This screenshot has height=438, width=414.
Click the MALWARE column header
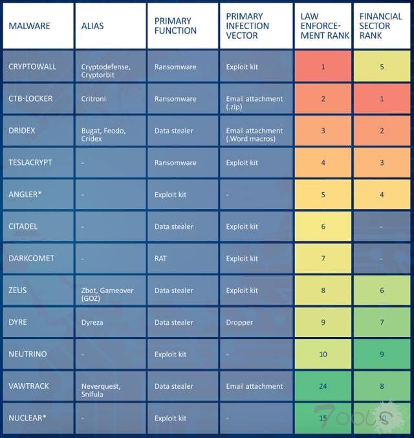(x=29, y=26)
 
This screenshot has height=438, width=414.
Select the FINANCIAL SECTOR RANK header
(x=381, y=26)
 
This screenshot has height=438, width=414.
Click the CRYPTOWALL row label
(x=32, y=67)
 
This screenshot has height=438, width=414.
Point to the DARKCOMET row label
(x=31, y=258)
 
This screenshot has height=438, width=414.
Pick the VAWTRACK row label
(x=29, y=386)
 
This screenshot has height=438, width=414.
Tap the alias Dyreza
(x=93, y=322)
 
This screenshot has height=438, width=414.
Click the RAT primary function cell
(x=160, y=258)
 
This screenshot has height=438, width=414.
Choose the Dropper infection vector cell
(x=239, y=322)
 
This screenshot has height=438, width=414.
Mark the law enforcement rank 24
(x=323, y=386)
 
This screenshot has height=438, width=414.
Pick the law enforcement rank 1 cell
(x=323, y=67)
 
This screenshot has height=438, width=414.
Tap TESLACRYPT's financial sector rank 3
(x=382, y=162)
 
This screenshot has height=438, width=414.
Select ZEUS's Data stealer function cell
(x=174, y=290)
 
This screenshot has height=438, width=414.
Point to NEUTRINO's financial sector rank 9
(x=382, y=354)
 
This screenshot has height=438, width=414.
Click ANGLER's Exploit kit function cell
(x=170, y=194)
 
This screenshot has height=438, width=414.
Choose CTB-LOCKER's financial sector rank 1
(x=382, y=99)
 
